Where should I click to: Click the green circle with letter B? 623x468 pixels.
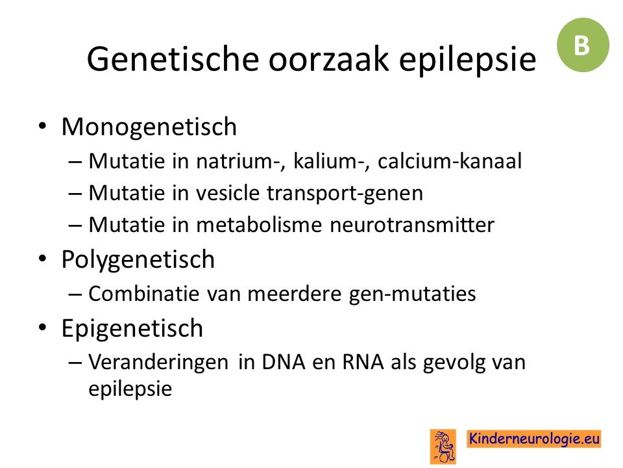(x=583, y=45)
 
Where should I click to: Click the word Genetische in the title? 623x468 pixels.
(x=173, y=59)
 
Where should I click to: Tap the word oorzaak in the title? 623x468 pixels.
(x=328, y=59)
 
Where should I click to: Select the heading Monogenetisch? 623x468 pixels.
(x=149, y=127)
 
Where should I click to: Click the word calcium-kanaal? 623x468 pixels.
(x=450, y=161)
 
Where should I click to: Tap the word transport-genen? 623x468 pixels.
(x=345, y=194)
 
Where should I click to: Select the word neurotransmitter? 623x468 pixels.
(x=412, y=225)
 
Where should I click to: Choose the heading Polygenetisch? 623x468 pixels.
(x=138, y=260)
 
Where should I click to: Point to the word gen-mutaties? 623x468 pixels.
(x=412, y=294)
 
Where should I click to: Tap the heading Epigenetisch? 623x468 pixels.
(x=132, y=329)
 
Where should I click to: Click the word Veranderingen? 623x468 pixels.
(x=158, y=363)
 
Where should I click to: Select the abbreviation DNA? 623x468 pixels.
(x=284, y=362)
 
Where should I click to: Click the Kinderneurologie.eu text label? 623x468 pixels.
(x=533, y=439)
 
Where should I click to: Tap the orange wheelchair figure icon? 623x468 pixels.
(x=443, y=447)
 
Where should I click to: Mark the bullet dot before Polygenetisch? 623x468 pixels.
(x=42, y=259)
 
